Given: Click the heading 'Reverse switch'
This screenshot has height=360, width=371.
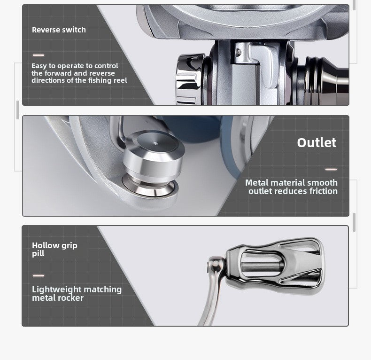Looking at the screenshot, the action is pos(59,30).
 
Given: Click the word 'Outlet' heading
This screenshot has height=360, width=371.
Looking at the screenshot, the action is pos(317,142).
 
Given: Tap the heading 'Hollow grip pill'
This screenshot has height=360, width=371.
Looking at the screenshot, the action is pos(54,249).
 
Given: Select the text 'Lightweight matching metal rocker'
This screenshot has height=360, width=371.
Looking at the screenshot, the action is pos(77,293).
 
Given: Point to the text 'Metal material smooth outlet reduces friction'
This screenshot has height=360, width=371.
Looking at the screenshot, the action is pos(292,187).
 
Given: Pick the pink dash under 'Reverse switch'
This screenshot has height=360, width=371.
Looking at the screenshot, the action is pos(39,55).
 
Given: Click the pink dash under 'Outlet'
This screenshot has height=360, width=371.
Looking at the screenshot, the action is pos(331,169).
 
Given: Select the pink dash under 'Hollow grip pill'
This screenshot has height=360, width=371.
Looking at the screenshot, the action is pos(39,276).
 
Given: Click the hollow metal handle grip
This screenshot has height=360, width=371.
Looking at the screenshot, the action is pos(274,266).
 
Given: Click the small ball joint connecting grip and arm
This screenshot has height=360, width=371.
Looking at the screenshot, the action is pos(216,263).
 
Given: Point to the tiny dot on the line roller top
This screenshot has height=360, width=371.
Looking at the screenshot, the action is pos(155,143).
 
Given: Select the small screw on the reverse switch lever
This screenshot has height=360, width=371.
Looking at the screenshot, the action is pos(239,52).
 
